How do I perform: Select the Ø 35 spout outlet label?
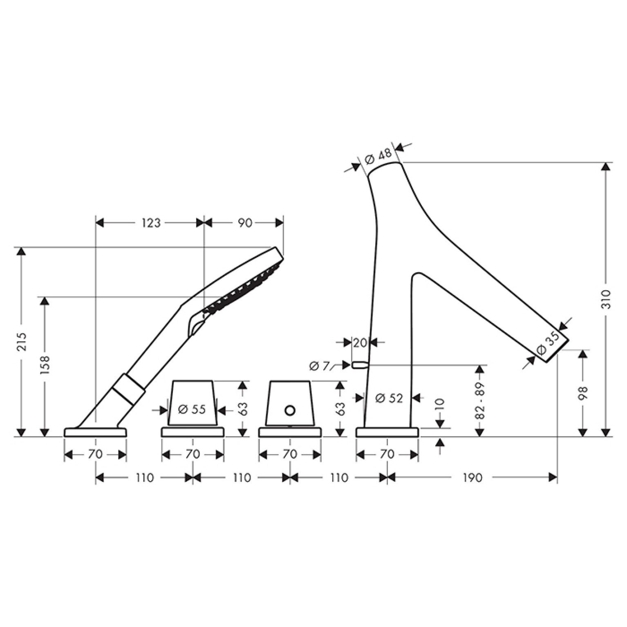(x=547, y=343)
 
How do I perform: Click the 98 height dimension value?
(x=583, y=393)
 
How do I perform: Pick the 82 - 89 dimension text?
(x=480, y=401)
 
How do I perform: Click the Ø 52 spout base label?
(x=389, y=398)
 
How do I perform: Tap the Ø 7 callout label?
(x=320, y=366)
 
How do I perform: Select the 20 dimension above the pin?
(x=360, y=343)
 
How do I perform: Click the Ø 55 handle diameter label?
(x=192, y=409)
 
